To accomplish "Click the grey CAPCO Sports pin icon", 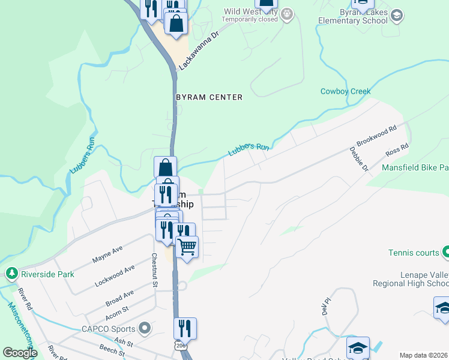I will pos(144,328).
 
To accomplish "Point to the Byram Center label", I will pos(209,97).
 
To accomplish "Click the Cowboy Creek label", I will pos(345,92).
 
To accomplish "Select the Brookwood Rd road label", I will pos(376,137).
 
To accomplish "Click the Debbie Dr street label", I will pos(358,159).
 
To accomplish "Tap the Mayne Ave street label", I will pos(107,254).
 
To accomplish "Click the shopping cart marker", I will pos(187,247).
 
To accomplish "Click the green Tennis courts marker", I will pos(445,253).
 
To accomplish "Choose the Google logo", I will pos(20,353).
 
